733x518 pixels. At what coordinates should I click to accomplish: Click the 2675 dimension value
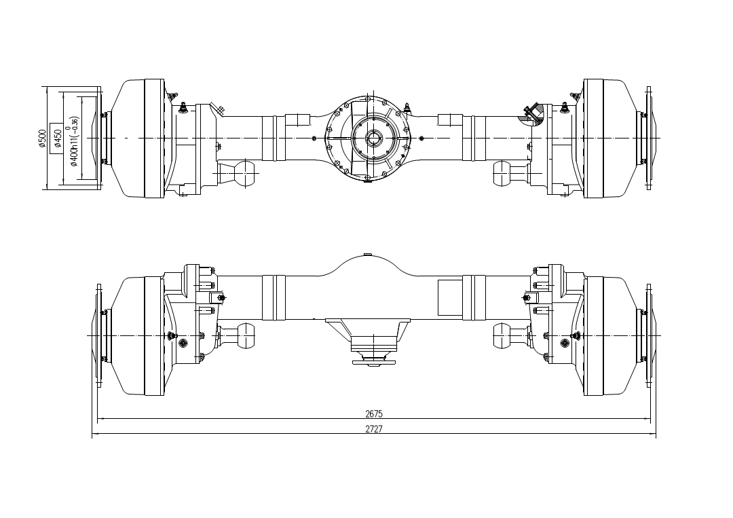(374, 413)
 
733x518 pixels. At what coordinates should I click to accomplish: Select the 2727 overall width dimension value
(374, 429)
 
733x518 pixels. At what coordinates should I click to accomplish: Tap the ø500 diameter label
(43, 138)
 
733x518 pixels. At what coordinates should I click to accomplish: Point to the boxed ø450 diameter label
(57, 138)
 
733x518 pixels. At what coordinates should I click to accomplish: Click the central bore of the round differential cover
(374, 138)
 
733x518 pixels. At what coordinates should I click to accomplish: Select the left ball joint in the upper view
(244, 173)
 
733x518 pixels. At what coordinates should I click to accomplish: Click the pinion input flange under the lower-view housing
(374, 358)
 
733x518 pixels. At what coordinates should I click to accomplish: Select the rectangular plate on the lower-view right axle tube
(449, 297)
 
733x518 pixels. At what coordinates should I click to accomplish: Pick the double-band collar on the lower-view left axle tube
(274, 297)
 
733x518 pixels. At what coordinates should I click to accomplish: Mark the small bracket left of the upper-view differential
(297, 119)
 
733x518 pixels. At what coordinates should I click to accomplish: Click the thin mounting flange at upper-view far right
(649, 138)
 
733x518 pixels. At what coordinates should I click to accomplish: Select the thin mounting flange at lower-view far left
(99, 335)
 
